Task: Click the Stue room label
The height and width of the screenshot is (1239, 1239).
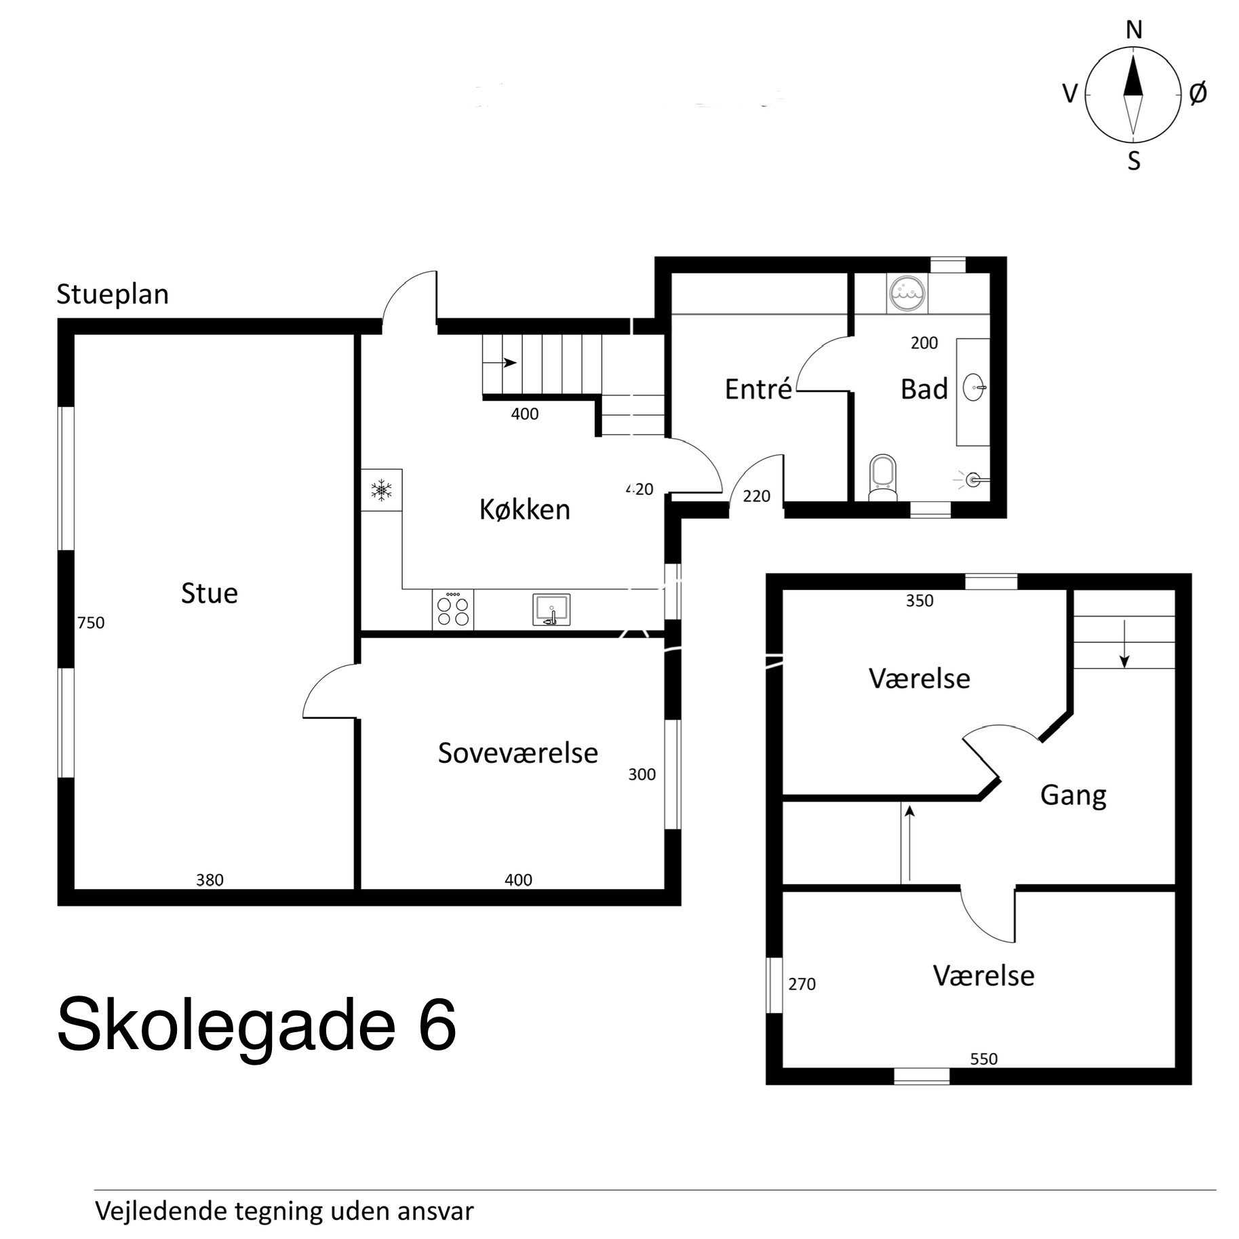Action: [210, 593]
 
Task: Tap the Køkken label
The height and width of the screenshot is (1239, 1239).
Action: [524, 509]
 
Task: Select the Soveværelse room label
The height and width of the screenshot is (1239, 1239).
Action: [517, 753]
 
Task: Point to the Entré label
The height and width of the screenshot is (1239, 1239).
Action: [758, 389]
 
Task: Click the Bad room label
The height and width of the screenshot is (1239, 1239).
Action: [924, 389]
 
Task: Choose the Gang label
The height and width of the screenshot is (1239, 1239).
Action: [1073, 795]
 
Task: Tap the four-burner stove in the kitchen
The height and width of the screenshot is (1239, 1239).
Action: [453, 610]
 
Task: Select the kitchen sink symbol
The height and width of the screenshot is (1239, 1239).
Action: [551, 609]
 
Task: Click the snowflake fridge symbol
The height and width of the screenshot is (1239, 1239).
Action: [382, 489]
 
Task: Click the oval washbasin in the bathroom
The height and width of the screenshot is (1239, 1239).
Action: [974, 389]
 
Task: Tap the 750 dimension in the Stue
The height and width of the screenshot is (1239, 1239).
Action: [91, 623]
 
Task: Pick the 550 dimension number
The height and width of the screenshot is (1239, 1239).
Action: [983, 1059]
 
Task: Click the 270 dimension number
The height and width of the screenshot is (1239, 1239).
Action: [802, 984]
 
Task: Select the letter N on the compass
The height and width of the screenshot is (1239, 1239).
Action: [1134, 31]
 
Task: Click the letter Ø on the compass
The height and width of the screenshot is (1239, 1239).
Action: [1198, 94]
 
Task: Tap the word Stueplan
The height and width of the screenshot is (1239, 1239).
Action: [113, 295]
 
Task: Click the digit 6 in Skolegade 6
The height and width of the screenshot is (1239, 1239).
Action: [437, 1024]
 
